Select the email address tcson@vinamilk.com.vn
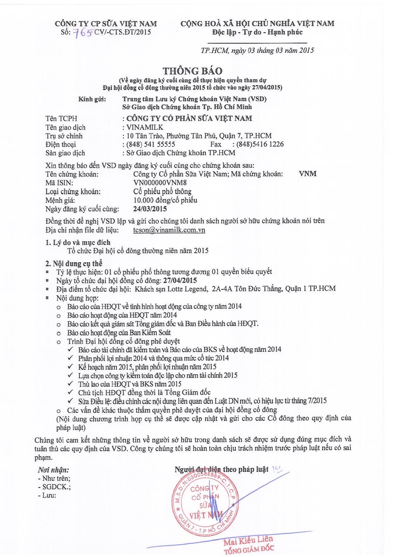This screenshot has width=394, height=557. coord(169,230)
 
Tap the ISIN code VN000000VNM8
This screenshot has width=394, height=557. coord(160,183)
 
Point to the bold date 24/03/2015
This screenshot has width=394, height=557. coord(150,209)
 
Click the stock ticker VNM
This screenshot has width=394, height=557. coord(308,174)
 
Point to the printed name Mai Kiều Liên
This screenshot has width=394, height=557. coord(248,539)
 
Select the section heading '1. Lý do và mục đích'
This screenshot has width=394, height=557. coord(78,243)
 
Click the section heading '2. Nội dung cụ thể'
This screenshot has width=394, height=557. coord(74,263)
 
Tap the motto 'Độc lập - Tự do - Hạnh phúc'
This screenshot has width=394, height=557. coord(257,32)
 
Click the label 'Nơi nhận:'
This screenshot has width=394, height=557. coord(53,470)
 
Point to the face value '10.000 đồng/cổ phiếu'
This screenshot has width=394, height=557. coord(165,200)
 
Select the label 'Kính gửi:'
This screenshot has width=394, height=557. coord(92,99)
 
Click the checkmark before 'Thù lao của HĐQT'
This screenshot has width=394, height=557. coord(70,384)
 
